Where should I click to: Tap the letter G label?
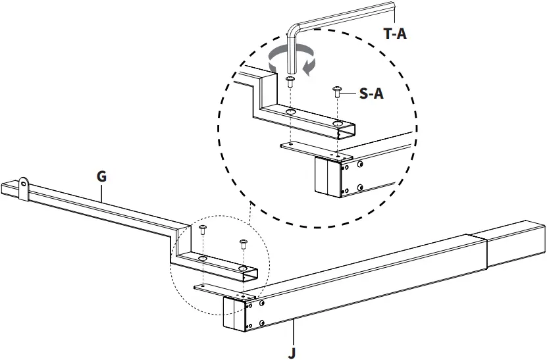[101, 176]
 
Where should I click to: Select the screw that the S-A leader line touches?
[338, 91]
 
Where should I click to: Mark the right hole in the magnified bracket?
[337, 124]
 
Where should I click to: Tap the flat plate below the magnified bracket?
[309, 151]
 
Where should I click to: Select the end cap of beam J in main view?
[234, 315]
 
